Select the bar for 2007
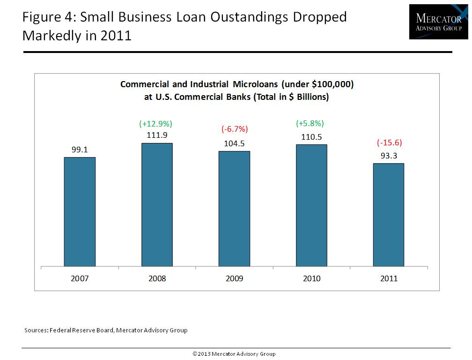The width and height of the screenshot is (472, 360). click(80, 212)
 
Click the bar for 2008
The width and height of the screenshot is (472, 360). click(157, 205)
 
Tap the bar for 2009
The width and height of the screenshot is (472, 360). click(234, 209)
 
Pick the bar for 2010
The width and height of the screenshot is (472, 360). click(311, 206)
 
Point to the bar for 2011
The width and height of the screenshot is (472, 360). click(389, 215)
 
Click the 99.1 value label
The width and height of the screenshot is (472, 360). click(80, 150)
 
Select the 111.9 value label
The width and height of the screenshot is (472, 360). click(156, 135)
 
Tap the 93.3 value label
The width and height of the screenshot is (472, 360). click(389, 156)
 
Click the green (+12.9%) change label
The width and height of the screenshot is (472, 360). click(156, 124)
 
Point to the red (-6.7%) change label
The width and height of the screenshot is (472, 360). click(234, 129)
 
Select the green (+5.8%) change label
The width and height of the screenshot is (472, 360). click(310, 124)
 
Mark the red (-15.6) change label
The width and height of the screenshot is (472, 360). click(389, 143)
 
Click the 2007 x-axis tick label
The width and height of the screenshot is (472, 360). click(80, 278)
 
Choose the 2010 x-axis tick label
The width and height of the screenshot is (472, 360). click(311, 278)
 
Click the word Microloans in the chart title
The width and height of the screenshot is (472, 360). click(251, 84)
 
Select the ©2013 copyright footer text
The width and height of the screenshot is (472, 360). click(234, 354)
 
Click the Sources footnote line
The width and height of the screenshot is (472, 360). click(106, 330)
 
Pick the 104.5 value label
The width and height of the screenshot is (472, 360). click(234, 143)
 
